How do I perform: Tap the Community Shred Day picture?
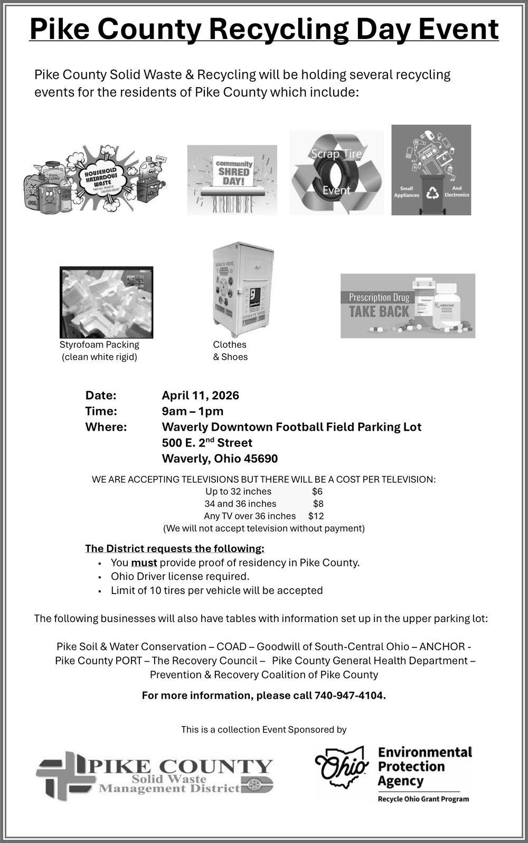[x=232, y=180]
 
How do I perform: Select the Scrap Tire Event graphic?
[x=336, y=173]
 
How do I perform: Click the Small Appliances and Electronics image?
[x=431, y=170]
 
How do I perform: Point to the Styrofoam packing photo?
[x=106, y=302]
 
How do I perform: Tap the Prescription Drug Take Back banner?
[x=408, y=306]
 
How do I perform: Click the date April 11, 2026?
[x=200, y=395]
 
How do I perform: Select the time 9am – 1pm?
[x=192, y=411]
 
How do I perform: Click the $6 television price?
[x=317, y=492]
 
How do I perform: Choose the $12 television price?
[x=316, y=516]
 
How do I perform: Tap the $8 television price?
[x=318, y=504]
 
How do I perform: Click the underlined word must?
[x=144, y=563]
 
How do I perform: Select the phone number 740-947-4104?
[x=350, y=696]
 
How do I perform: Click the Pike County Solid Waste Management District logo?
[x=154, y=775]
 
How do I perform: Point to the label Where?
[x=106, y=427]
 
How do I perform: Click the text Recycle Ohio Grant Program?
[x=423, y=799]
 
